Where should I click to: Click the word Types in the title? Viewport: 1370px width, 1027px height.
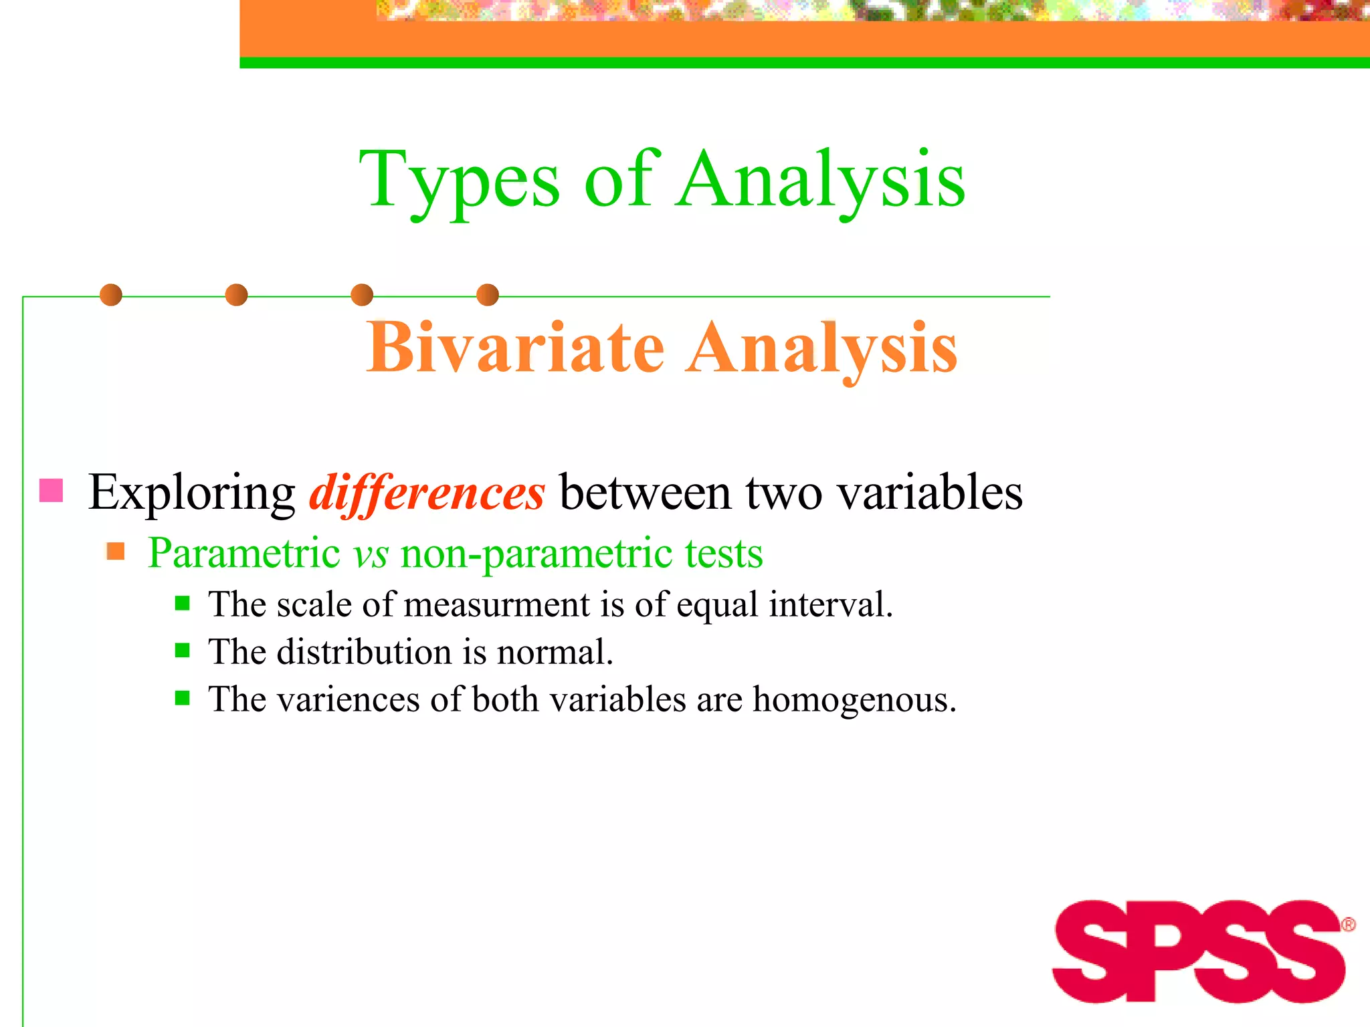pyautogui.click(x=459, y=181)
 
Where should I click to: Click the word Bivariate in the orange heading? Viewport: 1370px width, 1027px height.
pyautogui.click(x=515, y=348)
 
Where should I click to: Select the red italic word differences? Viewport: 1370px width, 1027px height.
pyautogui.click(x=427, y=493)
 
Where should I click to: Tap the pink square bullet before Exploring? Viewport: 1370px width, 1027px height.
pyautogui.click(x=52, y=490)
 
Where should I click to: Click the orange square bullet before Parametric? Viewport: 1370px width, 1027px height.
pyautogui.click(x=116, y=552)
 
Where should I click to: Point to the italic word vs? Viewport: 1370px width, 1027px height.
pyautogui.click(x=371, y=554)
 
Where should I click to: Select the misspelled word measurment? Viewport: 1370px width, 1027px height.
pyautogui.click(x=497, y=604)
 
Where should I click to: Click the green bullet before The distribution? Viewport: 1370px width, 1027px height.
pyautogui.click(x=182, y=651)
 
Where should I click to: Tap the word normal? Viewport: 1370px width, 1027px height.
pyautogui.click(x=555, y=652)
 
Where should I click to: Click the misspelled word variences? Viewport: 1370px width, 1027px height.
pyautogui.click(x=348, y=700)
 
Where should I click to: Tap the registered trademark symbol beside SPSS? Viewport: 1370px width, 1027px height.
pyautogui.click(x=1348, y=925)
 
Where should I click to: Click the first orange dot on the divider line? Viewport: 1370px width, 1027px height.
pyautogui.click(x=111, y=295)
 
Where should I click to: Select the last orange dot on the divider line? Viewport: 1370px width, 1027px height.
pyautogui.click(x=488, y=295)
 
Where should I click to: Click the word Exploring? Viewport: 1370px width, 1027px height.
pyautogui.click(x=191, y=493)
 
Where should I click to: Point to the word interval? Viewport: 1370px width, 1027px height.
pyautogui.click(x=830, y=604)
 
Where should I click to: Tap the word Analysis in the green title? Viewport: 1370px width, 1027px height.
pyautogui.click(x=820, y=181)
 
